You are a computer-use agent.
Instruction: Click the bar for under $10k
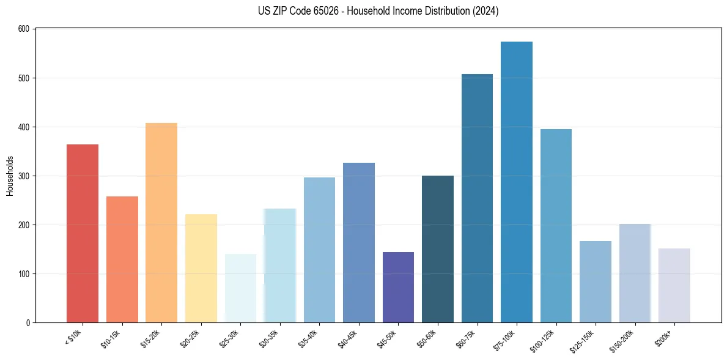[x=83, y=233]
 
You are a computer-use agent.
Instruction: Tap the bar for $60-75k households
[x=477, y=198]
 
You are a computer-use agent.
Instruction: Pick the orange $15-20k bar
[x=161, y=223]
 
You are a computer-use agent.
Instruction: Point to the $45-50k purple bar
[x=398, y=287]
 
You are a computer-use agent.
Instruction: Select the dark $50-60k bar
[x=438, y=249]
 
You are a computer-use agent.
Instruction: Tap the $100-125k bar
[x=556, y=226]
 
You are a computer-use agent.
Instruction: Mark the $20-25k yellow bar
[x=201, y=268]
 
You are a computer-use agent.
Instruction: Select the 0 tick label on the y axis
[x=29, y=322]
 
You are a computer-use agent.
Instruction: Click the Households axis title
[x=10, y=176]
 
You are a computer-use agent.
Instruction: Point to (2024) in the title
[x=485, y=11]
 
